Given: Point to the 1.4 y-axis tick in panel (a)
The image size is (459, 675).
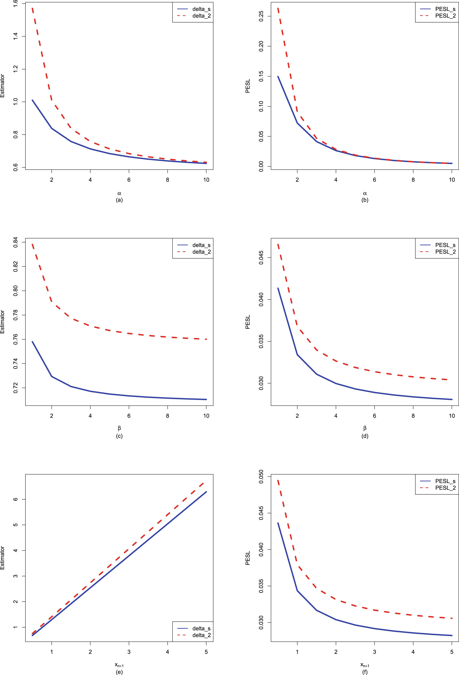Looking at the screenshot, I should coord(15,36).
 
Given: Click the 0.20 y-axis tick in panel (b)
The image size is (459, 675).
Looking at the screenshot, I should coord(261,46).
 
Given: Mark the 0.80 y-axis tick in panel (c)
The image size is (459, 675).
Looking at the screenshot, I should coord(15,291).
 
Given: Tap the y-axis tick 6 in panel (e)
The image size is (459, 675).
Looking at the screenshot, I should coord(15,499).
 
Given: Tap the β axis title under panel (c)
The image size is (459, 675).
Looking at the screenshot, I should coord(119,428).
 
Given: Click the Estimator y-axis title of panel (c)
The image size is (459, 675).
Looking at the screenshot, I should coord(3,322).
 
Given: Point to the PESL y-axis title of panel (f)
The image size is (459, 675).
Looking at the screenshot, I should coord(247,558).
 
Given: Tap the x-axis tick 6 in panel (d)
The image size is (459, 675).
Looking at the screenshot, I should coord(374,416).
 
